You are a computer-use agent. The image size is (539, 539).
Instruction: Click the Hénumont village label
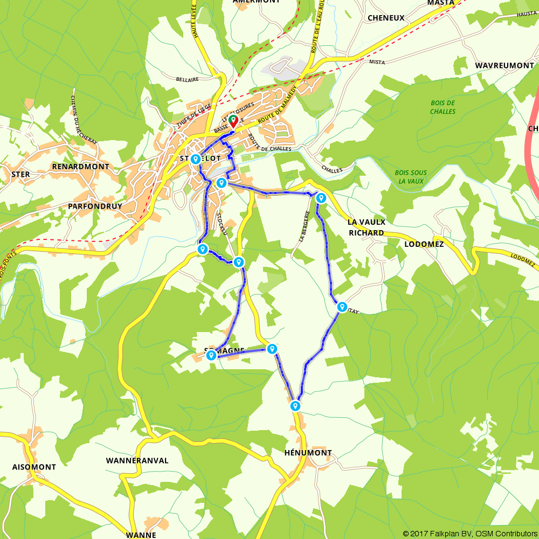pyautogui.click(x=308, y=453)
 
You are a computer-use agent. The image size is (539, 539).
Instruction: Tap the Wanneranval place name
pyautogui.click(x=137, y=461)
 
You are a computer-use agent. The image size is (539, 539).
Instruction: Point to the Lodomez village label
pyautogui.click(x=424, y=244)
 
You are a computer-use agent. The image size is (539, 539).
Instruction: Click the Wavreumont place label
pyautogui.click(x=504, y=65)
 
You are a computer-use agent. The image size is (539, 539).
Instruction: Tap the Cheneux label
pyautogui.click(x=385, y=18)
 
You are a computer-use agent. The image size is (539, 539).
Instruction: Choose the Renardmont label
pyautogui.click(x=80, y=167)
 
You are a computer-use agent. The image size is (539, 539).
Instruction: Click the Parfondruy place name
pyautogui.click(x=95, y=206)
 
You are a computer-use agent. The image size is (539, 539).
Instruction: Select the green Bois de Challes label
pyautogui.click(x=443, y=107)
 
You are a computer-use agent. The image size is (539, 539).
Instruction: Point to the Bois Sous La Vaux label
pyautogui.click(x=411, y=177)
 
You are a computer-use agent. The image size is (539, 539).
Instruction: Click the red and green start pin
pyautogui.click(x=233, y=120)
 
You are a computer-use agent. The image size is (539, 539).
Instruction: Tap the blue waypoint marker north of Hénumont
pyautogui.click(x=295, y=405)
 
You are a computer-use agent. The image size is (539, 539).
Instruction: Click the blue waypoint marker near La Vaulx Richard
pyautogui.click(x=321, y=197)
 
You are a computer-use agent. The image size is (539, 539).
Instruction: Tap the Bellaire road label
pyautogui.click(x=188, y=79)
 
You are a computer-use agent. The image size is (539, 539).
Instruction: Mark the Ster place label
pyautogui.click(x=20, y=175)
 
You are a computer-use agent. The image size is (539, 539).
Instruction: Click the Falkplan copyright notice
pyautogui.click(x=469, y=534)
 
